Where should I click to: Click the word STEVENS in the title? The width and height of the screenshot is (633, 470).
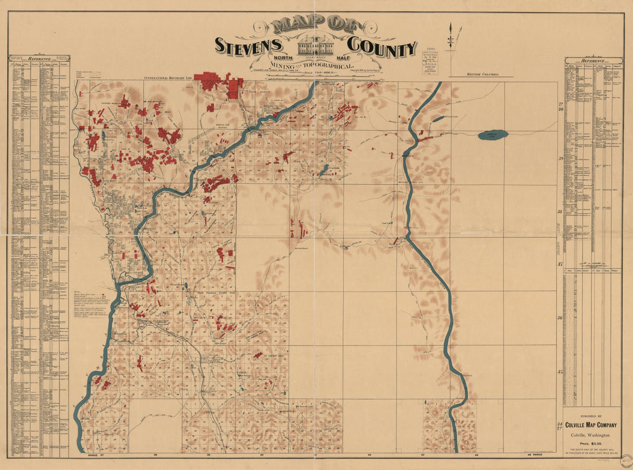pyautogui.click(x=248, y=45)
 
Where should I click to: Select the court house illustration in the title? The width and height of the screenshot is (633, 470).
pyautogui.click(x=315, y=45)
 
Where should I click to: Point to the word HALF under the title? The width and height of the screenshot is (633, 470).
pyautogui.click(x=350, y=58)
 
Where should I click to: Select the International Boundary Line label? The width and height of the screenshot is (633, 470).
pyautogui.click(x=167, y=76)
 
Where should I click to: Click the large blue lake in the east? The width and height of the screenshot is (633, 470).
pyautogui.click(x=493, y=134)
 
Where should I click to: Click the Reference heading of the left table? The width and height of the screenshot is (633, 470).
pyautogui.click(x=39, y=58)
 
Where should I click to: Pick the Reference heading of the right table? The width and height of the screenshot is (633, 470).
pyautogui.click(x=593, y=60)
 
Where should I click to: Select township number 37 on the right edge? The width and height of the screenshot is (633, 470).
pyautogui.click(x=560, y=264)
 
